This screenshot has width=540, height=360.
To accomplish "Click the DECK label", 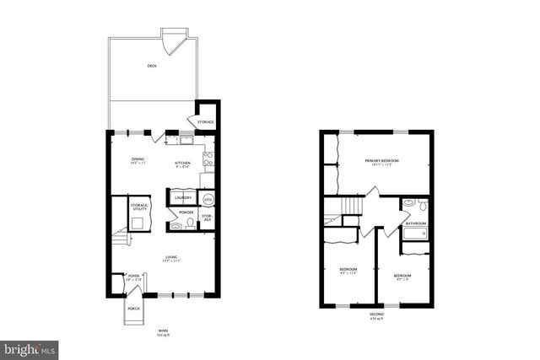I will coord(152,66).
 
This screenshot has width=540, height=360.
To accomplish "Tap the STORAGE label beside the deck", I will coord(206,122).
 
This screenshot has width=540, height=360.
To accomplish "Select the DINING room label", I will coord(138,159).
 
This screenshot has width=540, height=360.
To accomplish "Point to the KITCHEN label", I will coord(182,163).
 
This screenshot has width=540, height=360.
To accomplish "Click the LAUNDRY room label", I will coord(184,198).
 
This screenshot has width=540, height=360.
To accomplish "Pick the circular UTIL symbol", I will coord(208,199).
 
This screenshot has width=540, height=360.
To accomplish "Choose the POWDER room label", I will coord(186,212).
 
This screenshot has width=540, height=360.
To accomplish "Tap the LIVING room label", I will coord(171,259).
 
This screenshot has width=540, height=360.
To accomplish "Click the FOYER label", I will coord(133,276).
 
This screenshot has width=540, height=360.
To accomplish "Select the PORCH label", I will coord(133,309).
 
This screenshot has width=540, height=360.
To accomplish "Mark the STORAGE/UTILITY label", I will coord(139,207).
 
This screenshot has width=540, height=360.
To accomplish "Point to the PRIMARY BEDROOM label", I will coord(381,161).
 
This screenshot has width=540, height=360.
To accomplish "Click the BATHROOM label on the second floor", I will coord(415,223).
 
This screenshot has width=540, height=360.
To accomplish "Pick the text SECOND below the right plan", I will coord(376,314).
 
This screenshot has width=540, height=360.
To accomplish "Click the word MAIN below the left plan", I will coord(164,331).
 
